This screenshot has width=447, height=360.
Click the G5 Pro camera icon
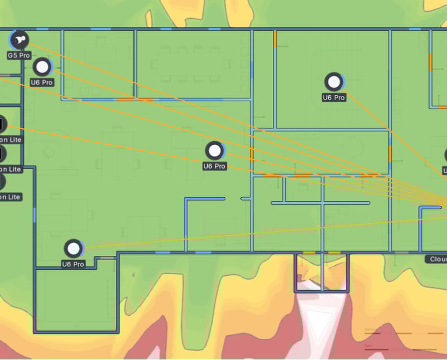(19, 40)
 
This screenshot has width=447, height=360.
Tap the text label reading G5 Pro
(19, 55)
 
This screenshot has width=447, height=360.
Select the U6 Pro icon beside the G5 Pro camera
(42, 67)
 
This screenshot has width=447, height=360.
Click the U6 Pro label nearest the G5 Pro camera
(42, 83)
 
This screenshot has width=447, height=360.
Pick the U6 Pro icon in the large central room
(215, 151)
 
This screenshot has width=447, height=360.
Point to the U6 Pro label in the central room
(214, 166)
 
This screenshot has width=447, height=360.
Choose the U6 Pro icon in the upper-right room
(334, 82)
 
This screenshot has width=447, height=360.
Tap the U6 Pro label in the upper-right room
(334, 98)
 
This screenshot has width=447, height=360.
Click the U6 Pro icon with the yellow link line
(73, 249)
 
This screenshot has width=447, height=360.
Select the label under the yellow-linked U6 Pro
(73, 264)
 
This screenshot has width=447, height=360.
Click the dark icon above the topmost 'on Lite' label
(2, 124)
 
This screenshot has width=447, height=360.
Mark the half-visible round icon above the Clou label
(445, 155)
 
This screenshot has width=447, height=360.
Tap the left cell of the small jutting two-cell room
(308, 272)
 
